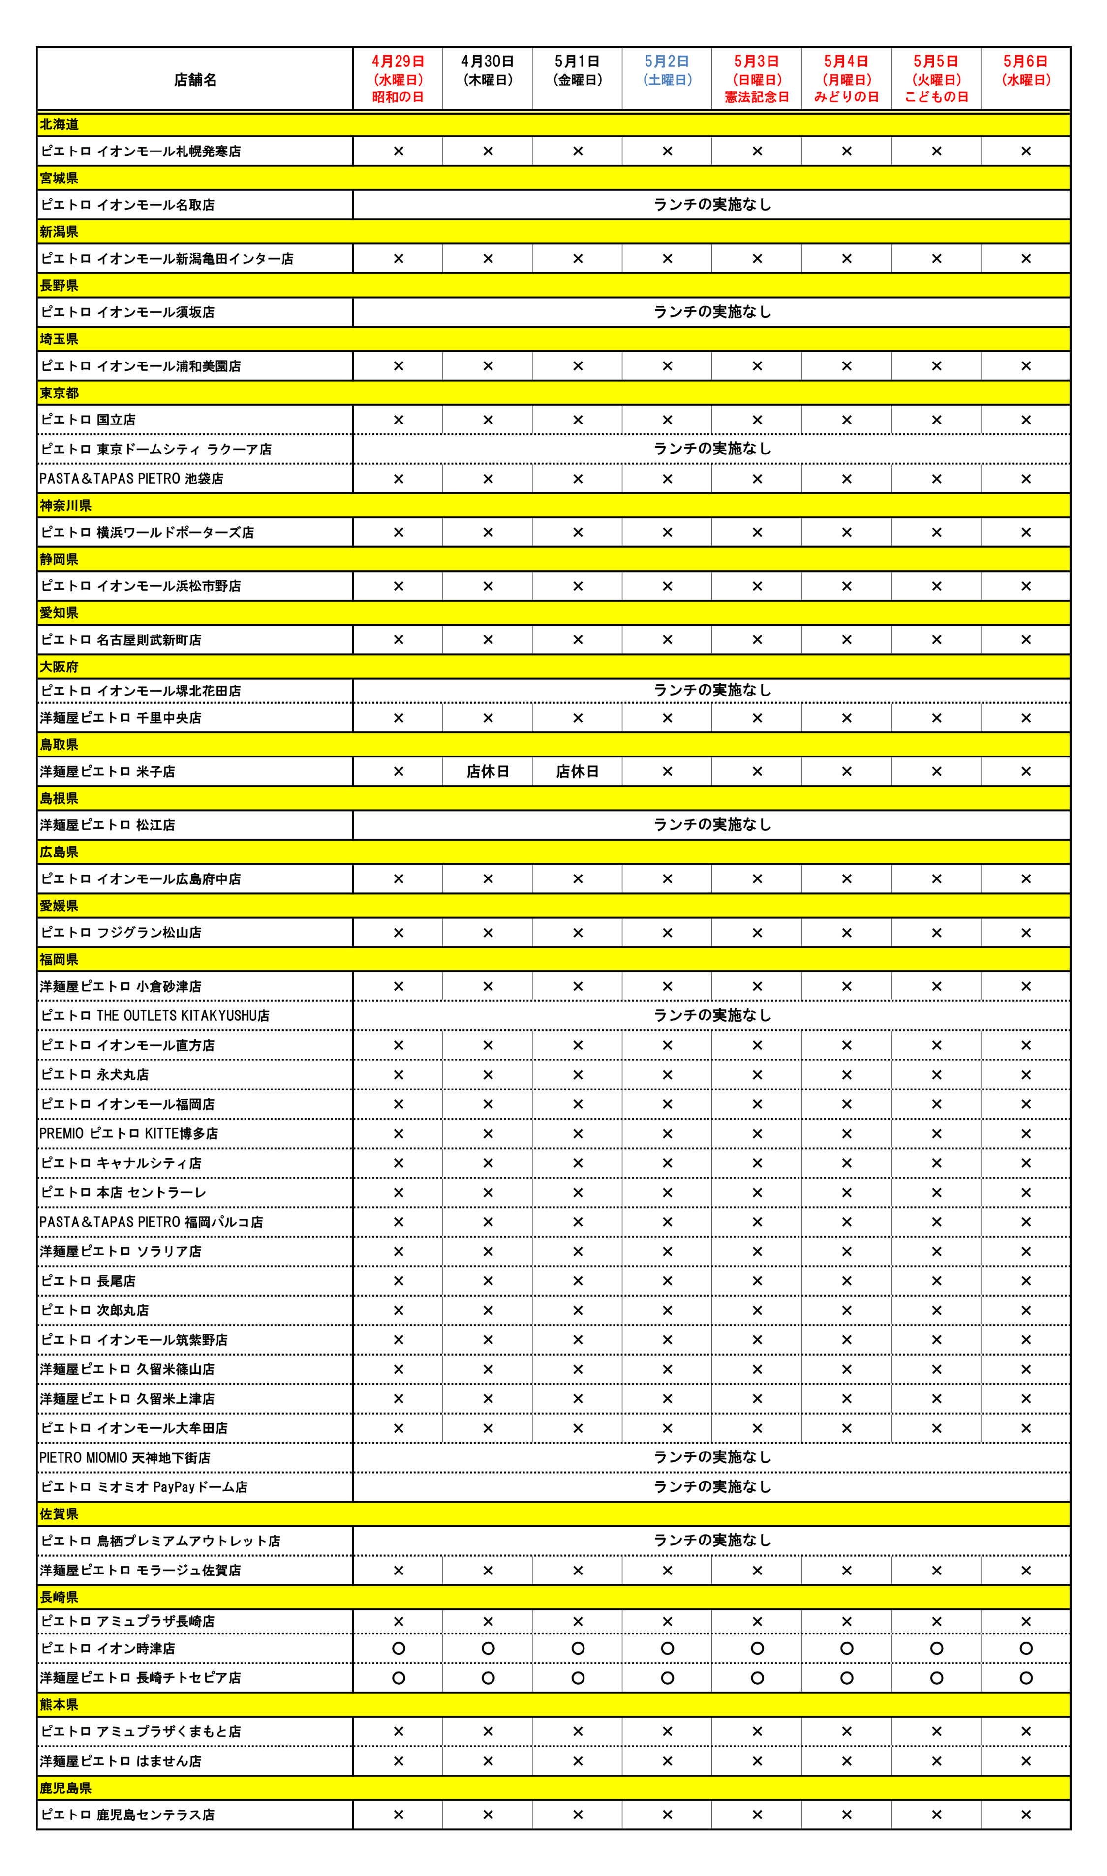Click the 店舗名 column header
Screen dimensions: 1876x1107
pos(195,80)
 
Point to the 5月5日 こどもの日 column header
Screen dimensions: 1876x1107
pos(936,79)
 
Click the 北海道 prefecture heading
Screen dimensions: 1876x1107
pos(60,124)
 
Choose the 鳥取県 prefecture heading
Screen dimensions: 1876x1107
pos(59,744)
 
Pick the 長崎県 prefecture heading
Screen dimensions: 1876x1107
pos(59,1597)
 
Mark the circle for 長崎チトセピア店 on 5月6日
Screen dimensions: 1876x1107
pos(1026,1678)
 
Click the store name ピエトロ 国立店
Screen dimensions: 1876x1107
pos(89,420)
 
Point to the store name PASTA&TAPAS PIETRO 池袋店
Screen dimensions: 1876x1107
pos(132,479)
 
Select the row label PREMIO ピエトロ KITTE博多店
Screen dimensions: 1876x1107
pos(129,1133)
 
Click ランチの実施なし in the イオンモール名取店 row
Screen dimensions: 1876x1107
pos(711,204)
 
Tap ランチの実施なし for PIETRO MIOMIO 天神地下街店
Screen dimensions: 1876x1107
pos(711,1457)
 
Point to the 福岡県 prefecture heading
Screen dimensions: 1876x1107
pos(59,960)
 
